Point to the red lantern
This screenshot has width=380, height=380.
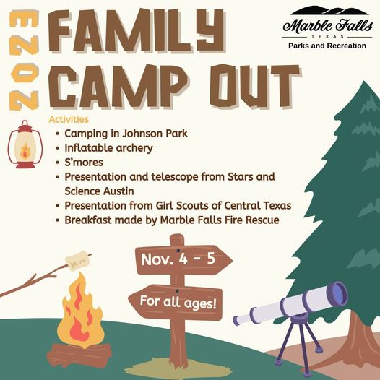point(25,144)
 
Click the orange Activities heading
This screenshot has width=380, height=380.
point(69,118)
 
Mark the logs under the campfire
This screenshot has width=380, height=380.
point(80,355)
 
